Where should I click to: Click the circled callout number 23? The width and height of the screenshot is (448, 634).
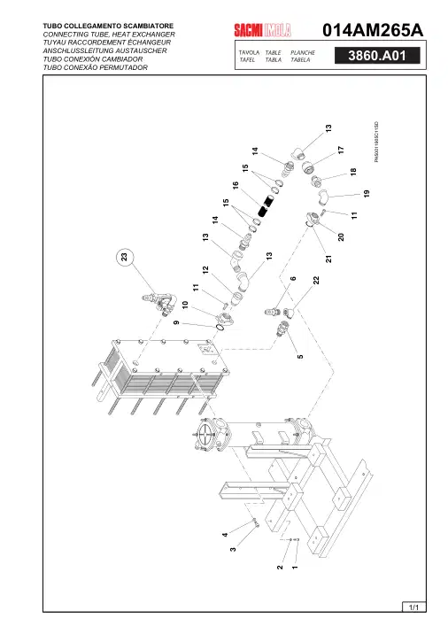(124, 257)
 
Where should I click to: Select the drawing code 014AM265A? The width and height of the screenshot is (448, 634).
(373, 30)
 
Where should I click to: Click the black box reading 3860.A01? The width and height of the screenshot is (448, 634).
(377, 56)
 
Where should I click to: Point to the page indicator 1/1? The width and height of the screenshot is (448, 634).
(414, 607)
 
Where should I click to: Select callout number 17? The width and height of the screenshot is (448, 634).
(341, 150)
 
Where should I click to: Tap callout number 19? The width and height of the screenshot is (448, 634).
(367, 194)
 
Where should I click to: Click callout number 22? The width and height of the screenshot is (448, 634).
(317, 280)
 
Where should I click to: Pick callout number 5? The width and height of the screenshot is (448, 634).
(300, 357)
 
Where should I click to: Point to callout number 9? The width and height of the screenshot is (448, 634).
(176, 322)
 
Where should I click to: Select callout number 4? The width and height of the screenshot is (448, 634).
(225, 535)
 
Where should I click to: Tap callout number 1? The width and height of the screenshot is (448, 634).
(295, 568)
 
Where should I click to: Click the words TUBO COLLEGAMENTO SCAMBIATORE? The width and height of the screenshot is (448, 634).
(108, 26)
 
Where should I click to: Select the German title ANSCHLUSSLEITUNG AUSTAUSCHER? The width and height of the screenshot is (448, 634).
(104, 50)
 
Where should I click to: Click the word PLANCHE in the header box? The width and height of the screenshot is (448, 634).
(303, 52)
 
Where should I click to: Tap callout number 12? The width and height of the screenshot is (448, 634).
(205, 270)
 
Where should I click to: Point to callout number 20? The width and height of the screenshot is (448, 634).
(341, 237)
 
